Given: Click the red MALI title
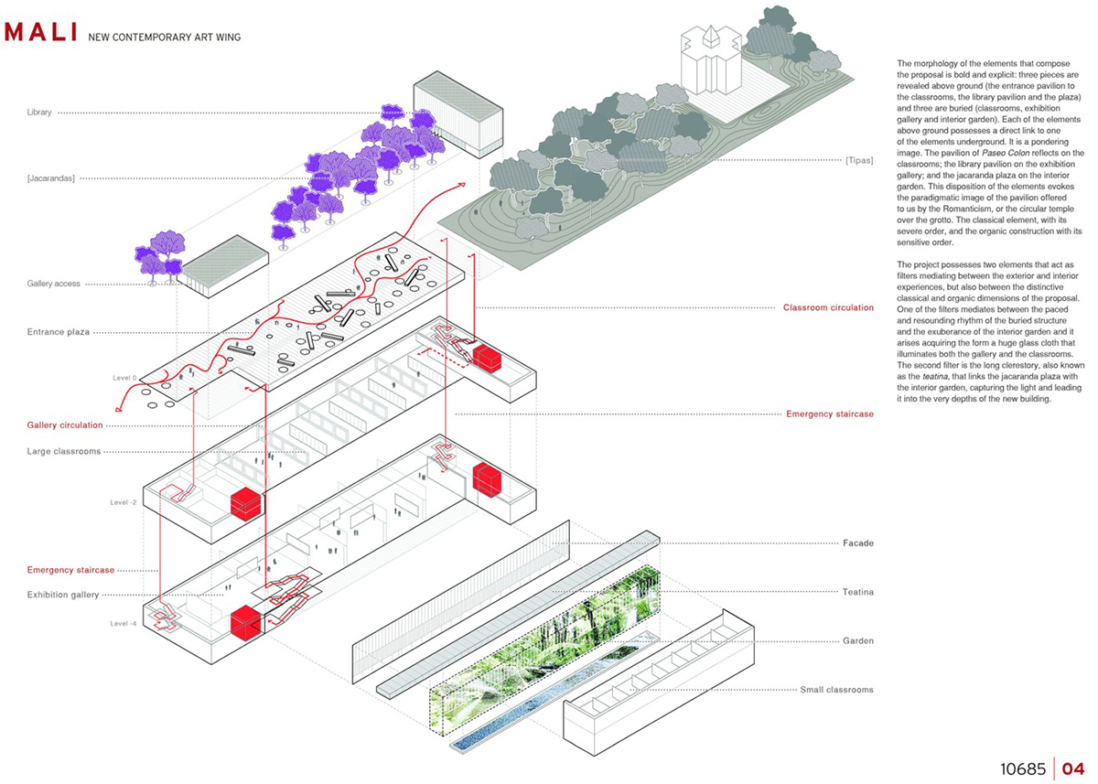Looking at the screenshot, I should pyautogui.click(x=40, y=33).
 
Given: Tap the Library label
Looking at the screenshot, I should pyautogui.click(x=39, y=113).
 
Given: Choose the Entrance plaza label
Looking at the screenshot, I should pyautogui.click(x=59, y=331).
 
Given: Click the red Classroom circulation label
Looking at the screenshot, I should pyautogui.click(x=828, y=307).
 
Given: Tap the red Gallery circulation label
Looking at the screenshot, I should pyautogui.click(x=65, y=425).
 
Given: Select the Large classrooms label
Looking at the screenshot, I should pyautogui.click(x=63, y=451).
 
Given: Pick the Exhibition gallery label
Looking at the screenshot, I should pyautogui.click(x=63, y=595).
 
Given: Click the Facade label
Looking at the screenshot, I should pyautogui.click(x=858, y=543).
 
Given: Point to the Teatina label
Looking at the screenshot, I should pyautogui.click(x=857, y=593).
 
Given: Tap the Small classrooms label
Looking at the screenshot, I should pyautogui.click(x=836, y=690).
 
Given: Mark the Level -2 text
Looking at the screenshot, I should pyautogui.click(x=124, y=502).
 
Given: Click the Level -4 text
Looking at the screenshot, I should pyautogui.click(x=124, y=624).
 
